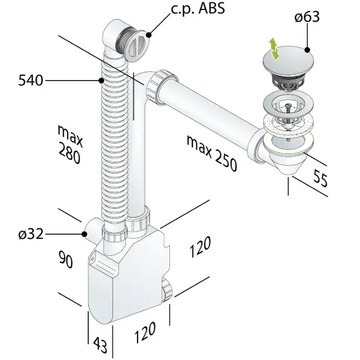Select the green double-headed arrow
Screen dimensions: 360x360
273,48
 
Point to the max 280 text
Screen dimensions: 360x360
69,145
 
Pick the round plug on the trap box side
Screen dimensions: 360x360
166,289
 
